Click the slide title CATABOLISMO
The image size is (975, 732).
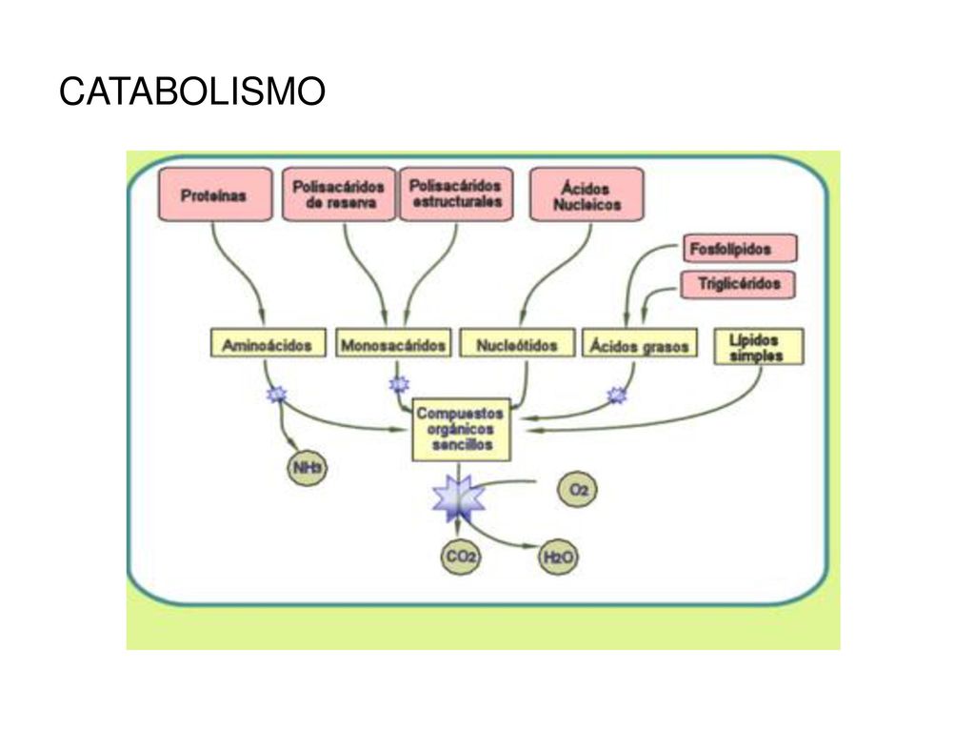pos(192,91)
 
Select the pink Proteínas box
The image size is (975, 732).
pos(215,194)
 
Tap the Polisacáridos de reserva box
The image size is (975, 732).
pos(339,194)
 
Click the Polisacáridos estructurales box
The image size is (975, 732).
pos(456,194)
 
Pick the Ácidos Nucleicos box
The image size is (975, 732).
pos(587,194)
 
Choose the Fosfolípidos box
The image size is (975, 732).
pos(739,249)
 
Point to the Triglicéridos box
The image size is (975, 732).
pos(738,284)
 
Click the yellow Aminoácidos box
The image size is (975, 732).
pos(268,343)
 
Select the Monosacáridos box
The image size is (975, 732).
pos(393,343)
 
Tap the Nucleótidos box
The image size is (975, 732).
pos(517,343)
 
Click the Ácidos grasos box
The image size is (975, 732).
pos(639,343)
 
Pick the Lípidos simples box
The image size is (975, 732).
pos(758,347)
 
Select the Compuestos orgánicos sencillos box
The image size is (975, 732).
pos(462,430)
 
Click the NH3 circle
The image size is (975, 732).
pos(308,467)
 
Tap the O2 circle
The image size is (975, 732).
pos(578,489)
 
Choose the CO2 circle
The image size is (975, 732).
pos(461,556)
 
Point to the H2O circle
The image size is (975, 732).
pos(558,557)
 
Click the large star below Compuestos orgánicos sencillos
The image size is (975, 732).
pos(459,498)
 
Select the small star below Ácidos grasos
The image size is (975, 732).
pos(617,395)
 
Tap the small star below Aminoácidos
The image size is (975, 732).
pos(277,394)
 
